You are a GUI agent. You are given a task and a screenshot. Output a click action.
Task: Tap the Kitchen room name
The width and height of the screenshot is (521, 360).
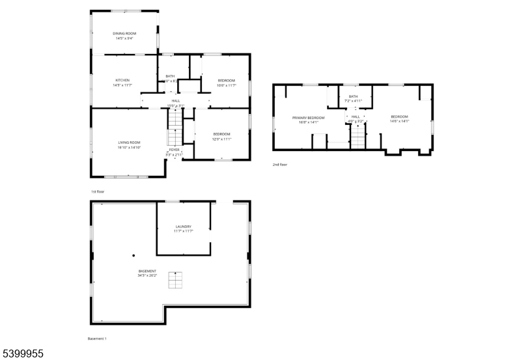point(122,80)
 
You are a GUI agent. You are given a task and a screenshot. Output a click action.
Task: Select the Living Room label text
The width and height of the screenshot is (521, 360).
point(129,143)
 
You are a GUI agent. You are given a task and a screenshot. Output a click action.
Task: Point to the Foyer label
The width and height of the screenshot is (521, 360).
point(174,150)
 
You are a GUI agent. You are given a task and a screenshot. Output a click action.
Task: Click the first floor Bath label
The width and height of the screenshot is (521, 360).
point(170,76)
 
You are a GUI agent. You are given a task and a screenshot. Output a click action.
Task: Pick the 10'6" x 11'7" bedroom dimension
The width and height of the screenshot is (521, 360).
point(226,85)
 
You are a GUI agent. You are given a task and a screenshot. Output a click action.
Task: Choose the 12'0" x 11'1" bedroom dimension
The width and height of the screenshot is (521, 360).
point(221,139)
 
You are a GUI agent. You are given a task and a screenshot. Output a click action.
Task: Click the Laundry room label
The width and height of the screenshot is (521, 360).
point(183,227)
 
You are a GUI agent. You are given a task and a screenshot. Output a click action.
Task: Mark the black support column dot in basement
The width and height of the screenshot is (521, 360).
point(134,255)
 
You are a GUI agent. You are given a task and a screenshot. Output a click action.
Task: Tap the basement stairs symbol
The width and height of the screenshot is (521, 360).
point(175,280)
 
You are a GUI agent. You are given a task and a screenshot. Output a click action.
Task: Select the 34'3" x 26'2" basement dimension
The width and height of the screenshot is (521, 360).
point(147,275)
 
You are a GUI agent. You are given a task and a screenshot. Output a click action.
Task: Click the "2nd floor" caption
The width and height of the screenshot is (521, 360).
point(279,165)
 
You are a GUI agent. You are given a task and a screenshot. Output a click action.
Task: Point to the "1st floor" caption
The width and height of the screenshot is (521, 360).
point(98,192)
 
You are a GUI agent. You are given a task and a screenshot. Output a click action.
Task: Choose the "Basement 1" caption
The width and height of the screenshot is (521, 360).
point(96,339)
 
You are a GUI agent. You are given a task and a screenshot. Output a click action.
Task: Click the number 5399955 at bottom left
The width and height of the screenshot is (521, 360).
point(23,353)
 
